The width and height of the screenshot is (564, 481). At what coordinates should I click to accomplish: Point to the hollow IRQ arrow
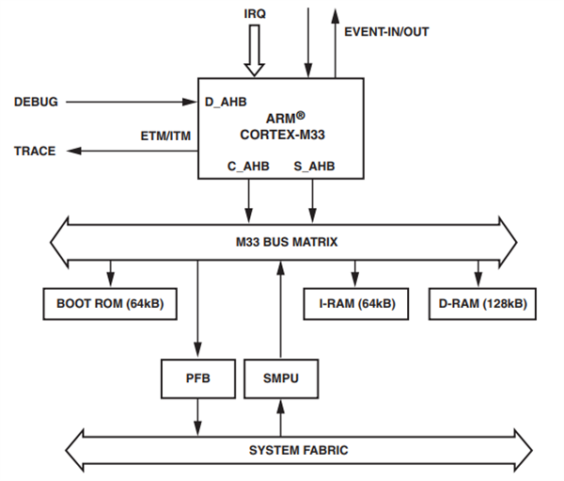[x=255, y=53]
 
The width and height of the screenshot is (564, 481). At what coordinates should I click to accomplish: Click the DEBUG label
[x=36, y=101]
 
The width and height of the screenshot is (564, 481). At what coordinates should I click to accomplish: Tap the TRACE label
[x=35, y=151]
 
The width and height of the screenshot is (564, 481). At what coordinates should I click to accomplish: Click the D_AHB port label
[x=227, y=101]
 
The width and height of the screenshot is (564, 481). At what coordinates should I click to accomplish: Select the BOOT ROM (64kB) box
[x=110, y=304]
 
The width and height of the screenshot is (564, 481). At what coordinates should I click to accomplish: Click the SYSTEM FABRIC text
[x=298, y=450]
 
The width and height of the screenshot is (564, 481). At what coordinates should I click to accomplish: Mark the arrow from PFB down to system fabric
[x=198, y=414]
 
